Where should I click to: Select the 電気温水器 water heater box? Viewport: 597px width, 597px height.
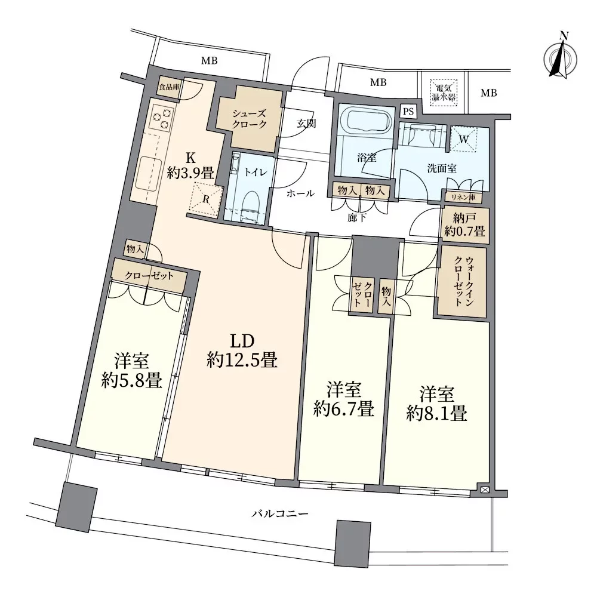(x=443, y=93)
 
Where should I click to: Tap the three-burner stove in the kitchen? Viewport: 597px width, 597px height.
(x=162, y=118)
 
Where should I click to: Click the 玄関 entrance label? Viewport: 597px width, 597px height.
(x=306, y=124)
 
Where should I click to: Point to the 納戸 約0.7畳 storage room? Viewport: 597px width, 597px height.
(x=466, y=225)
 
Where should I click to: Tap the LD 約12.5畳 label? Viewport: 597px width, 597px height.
(x=242, y=350)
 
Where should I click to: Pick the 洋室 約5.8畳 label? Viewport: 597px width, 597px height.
(x=132, y=371)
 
